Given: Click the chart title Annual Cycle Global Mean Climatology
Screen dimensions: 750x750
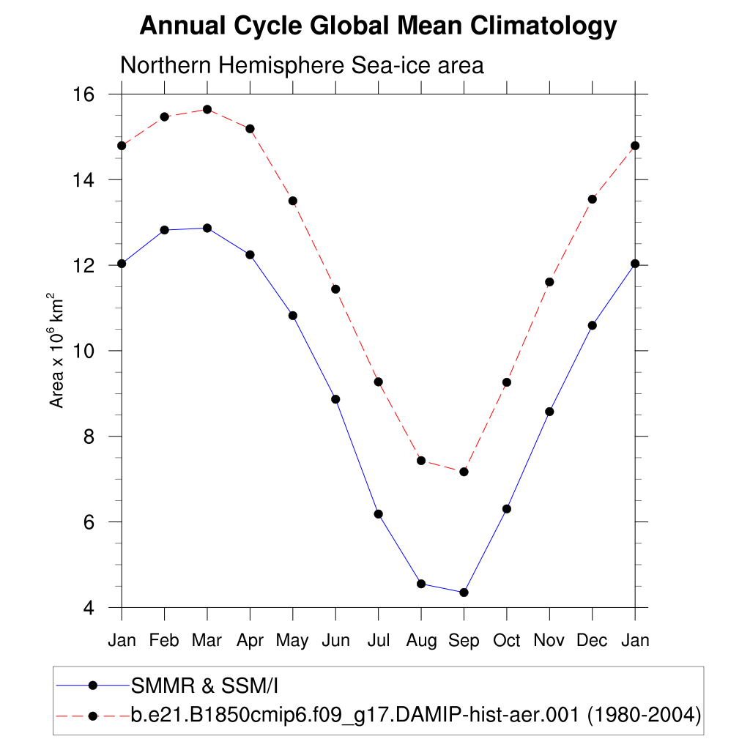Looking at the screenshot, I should [x=378, y=26].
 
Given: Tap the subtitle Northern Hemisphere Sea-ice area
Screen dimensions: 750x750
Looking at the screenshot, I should [x=302, y=65].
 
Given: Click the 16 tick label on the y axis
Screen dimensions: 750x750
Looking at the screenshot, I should [x=87, y=94].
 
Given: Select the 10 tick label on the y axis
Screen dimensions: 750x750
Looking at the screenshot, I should [x=87, y=351].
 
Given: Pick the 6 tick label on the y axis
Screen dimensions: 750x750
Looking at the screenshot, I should [x=91, y=521].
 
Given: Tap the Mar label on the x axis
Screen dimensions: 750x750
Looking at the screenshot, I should [x=207, y=640].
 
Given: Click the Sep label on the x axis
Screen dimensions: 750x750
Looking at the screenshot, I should [x=464, y=640].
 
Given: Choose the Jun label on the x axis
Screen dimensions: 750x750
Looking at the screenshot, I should [x=335, y=640].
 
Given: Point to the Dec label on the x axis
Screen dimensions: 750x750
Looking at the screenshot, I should [x=592, y=640].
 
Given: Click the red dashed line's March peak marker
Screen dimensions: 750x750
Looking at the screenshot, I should [x=207, y=109].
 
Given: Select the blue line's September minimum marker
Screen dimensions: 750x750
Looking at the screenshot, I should [x=464, y=593].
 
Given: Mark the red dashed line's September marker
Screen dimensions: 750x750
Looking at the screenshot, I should [x=464, y=472].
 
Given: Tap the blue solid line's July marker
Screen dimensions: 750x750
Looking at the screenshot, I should [x=379, y=514].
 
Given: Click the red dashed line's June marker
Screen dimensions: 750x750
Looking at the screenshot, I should [x=335, y=289].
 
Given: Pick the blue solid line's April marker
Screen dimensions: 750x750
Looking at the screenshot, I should [x=250, y=255].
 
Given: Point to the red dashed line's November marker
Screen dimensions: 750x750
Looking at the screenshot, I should [x=549, y=282].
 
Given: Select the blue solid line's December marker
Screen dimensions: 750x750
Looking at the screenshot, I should [x=593, y=325].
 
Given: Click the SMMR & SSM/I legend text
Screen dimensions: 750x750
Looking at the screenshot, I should [x=204, y=686].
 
